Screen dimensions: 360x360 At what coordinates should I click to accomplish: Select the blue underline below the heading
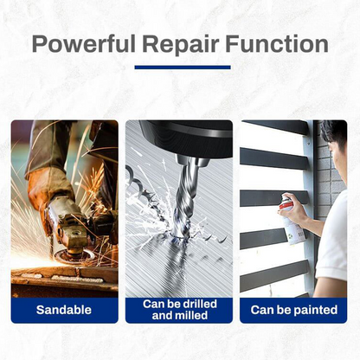pyautogui.click(x=183, y=67)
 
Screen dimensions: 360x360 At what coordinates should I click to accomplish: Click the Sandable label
pyautogui.click(x=64, y=308)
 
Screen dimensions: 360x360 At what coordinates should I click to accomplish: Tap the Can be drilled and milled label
pyautogui.click(x=179, y=309)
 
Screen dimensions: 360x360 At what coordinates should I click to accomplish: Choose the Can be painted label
pyautogui.click(x=293, y=308)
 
